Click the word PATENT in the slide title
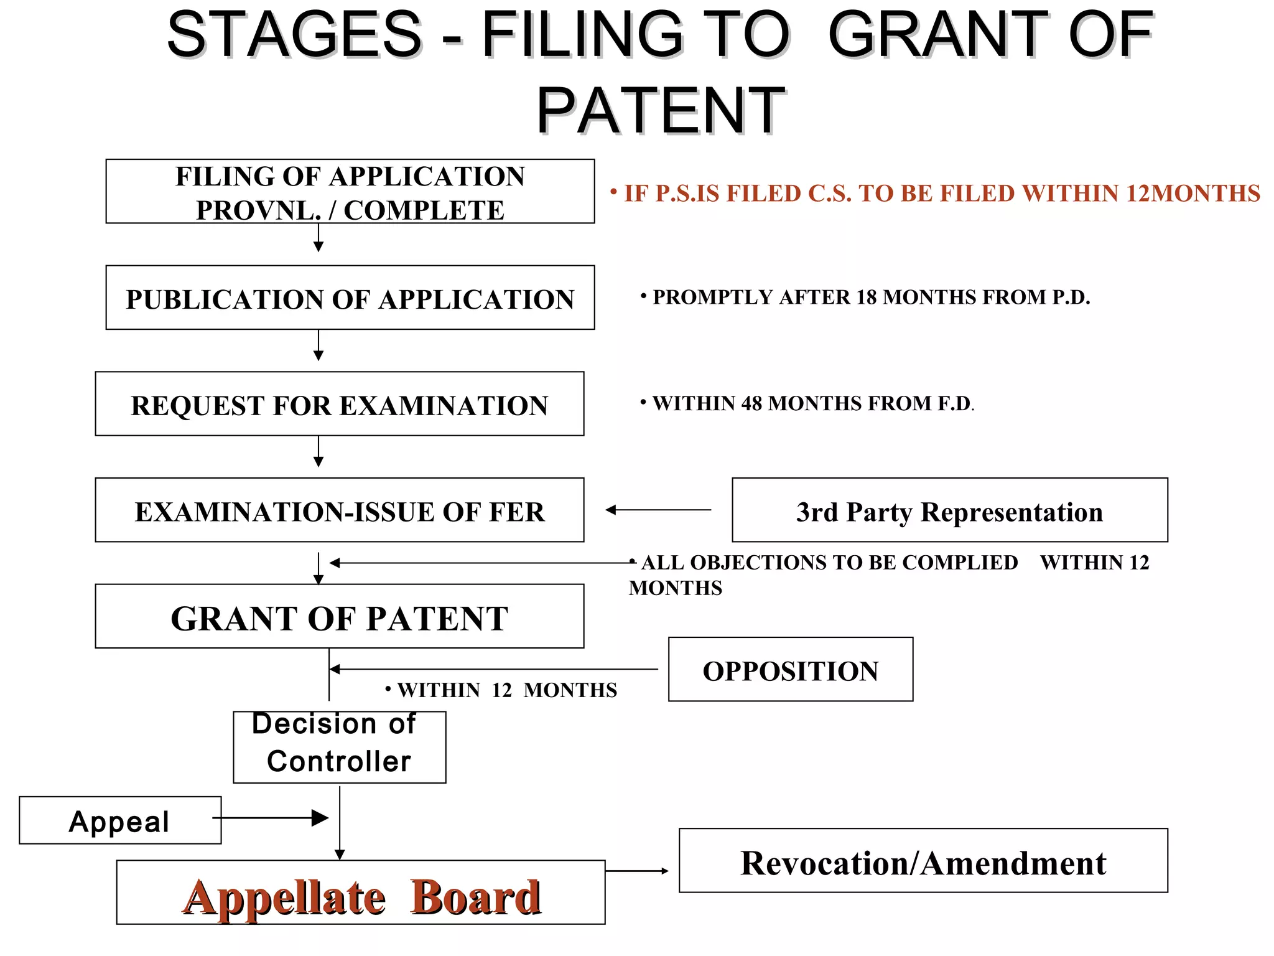661,111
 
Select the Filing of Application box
350,192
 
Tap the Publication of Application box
350,298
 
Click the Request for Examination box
339,405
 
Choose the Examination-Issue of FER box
339,511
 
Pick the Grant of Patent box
339,617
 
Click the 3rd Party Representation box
949,511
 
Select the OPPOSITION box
790,670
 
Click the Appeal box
119,821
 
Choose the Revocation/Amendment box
923,862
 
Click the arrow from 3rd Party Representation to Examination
658,510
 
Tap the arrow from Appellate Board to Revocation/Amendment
636,871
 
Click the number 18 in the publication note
867,298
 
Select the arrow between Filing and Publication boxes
318,238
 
